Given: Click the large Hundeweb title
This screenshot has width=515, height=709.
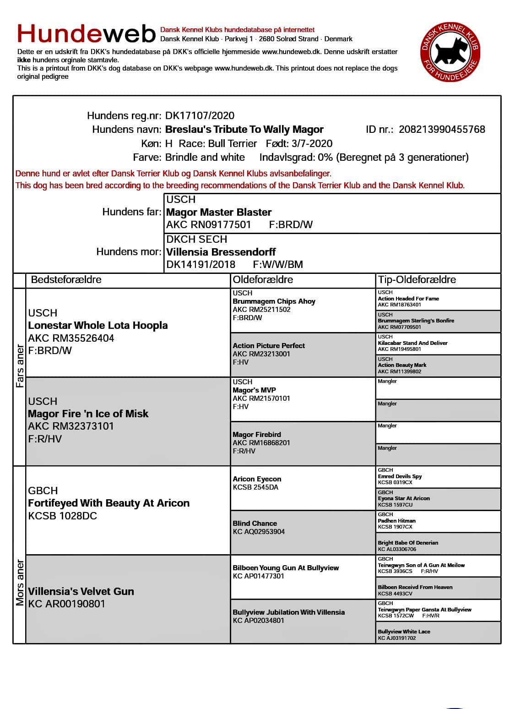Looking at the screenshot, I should click(x=87, y=33).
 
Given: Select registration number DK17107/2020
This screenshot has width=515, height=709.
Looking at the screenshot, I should click(x=200, y=116).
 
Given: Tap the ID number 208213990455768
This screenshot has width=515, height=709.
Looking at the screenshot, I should click(x=442, y=130).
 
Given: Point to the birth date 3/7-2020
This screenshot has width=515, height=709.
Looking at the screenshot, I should click(x=312, y=143).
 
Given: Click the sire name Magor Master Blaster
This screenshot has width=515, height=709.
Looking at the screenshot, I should click(x=219, y=212).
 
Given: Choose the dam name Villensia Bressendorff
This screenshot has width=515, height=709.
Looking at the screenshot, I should click(x=221, y=252).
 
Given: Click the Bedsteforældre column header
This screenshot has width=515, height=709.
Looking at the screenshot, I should click(x=66, y=280).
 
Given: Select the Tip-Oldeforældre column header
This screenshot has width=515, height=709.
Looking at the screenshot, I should click(x=417, y=280).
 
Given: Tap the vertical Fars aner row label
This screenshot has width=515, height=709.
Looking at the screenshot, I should click(x=20, y=365).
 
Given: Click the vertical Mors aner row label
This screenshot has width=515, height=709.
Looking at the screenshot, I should click(x=20, y=582).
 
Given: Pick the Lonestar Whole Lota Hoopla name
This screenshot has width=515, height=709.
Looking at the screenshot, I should click(x=98, y=326).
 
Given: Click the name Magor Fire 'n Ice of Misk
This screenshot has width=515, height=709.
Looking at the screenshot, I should click(x=88, y=414).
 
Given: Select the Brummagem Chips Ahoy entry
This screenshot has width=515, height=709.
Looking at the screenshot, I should click(x=274, y=301).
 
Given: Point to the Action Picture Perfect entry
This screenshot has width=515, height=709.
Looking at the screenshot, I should click(x=269, y=346).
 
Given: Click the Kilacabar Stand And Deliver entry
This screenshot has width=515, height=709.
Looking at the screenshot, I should click(x=412, y=343).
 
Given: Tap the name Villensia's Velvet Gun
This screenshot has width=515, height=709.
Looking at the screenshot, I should click(x=81, y=591).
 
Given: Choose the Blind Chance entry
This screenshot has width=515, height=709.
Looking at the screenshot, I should click(x=255, y=524).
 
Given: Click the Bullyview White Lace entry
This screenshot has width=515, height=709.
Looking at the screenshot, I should click(x=404, y=632).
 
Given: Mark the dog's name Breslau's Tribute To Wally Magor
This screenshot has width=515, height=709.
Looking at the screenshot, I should click(x=244, y=130).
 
